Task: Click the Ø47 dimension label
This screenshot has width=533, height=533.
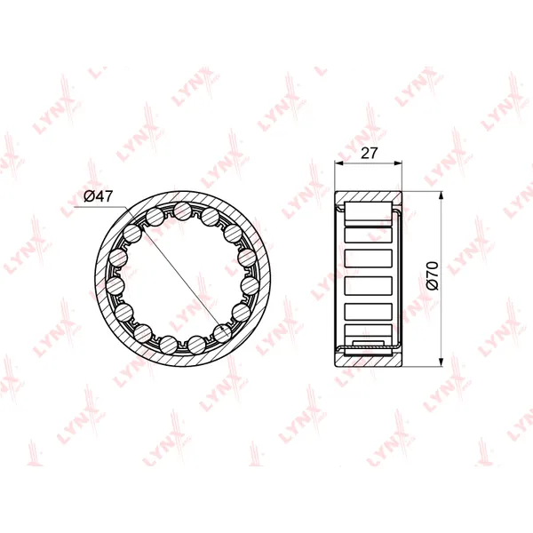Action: click(x=98, y=196)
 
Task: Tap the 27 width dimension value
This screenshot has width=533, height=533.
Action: click(x=369, y=153)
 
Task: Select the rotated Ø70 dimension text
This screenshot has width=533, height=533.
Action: click(x=433, y=275)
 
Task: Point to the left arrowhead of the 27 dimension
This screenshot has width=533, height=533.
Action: click(x=339, y=163)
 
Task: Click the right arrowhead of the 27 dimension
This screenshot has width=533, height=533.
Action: click(x=398, y=163)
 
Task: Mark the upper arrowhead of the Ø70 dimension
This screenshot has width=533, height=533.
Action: click(x=441, y=195)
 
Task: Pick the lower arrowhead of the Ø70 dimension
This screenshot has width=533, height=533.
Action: click(x=441, y=362)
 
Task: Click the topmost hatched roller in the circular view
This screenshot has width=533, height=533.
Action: click(x=182, y=211)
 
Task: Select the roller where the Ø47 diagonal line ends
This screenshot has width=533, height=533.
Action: click(x=222, y=333)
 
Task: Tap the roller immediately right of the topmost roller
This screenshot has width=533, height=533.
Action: click(x=210, y=218)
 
